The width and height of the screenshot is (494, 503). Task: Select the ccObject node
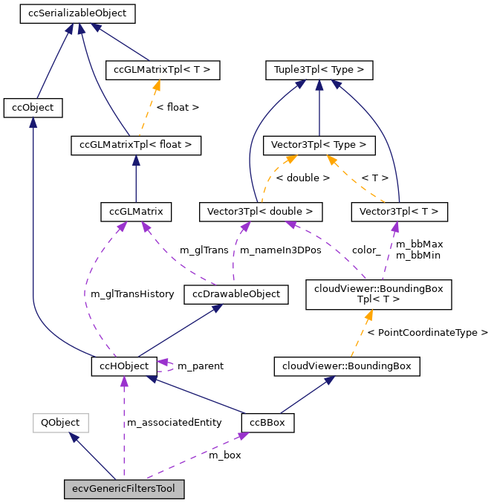[33, 108]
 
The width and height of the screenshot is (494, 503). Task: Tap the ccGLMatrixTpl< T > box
[162, 71]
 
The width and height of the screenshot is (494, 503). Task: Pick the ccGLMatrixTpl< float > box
[136, 145]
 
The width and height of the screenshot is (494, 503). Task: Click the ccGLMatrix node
[136, 212]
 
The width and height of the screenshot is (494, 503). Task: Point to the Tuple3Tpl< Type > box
[319, 71]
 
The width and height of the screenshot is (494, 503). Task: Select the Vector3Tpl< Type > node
[319, 145]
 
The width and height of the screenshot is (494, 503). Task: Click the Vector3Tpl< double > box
[261, 212]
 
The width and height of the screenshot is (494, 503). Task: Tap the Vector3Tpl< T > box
[400, 212]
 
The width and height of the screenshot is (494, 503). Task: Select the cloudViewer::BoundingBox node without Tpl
[347, 366]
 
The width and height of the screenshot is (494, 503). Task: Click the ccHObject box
[124, 366]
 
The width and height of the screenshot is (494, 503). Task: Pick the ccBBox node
[267, 423]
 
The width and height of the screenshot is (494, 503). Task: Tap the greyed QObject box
[60, 423]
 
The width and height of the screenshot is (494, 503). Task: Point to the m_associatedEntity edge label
[175, 423]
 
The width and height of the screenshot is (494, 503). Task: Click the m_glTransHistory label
[132, 294]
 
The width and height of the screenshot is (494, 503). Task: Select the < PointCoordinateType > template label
[428, 332]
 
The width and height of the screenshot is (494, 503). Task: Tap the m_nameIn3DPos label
[281, 250]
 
